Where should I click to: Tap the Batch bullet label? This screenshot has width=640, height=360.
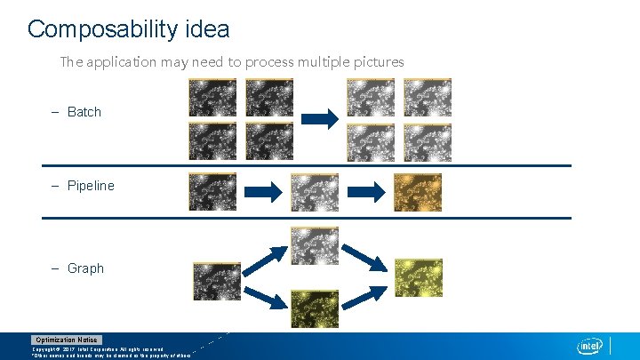(x=84, y=112)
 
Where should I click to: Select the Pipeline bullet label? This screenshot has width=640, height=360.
(x=91, y=186)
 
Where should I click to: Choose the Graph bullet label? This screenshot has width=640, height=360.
(x=85, y=268)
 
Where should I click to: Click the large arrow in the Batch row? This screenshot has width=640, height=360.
(x=318, y=117)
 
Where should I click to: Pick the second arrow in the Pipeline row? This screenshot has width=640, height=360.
(x=364, y=191)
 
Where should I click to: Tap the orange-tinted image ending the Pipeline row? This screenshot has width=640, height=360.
(x=418, y=192)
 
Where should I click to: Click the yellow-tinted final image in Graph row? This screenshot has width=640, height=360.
(x=418, y=278)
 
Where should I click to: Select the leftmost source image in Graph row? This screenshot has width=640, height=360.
(x=217, y=281)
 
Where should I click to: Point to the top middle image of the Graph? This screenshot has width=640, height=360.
(x=315, y=245)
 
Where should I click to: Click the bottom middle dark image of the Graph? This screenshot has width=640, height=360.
(x=315, y=308)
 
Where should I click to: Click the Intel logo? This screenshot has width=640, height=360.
(x=590, y=345)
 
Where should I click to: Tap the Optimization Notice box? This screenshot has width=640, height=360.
(x=67, y=340)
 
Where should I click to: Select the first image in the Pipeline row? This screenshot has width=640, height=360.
(x=212, y=192)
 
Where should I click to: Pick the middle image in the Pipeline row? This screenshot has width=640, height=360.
(x=315, y=192)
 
